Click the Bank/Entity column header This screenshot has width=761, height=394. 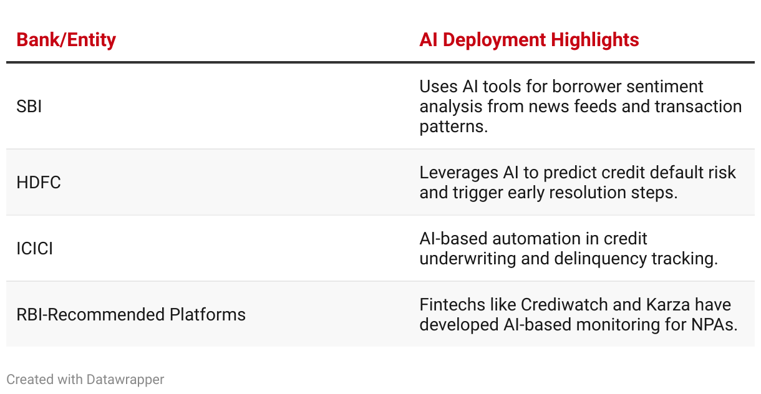pyautogui.click(x=66, y=40)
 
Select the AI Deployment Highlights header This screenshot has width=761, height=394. pyautogui.click(x=529, y=40)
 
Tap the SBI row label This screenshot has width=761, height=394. pyautogui.click(x=29, y=107)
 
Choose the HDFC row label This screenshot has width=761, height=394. pyautogui.click(x=39, y=183)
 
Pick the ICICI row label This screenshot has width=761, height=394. pyautogui.click(x=35, y=249)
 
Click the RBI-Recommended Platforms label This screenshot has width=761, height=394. pyautogui.click(x=131, y=315)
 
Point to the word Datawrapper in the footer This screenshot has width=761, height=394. pyautogui.click(x=125, y=380)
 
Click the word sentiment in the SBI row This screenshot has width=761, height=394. pyautogui.click(x=665, y=87)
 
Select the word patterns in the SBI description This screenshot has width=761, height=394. pyautogui.click(x=453, y=127)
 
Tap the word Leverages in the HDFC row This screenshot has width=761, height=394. pyautogui.click(x=458, y=173)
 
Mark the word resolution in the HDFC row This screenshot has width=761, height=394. pyautogui.click(x=588, y=193)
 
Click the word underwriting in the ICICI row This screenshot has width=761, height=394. pyautogui.click(x=467, y=259)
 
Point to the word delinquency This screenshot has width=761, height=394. pyautogui.click(x=600, y=259)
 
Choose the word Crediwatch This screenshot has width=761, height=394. pyautogui.click(x=565, y=305)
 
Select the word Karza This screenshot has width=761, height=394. pyautogui.click(x=668, y=305)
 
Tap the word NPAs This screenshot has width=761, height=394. pyautogui.click(x=714, y=325)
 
